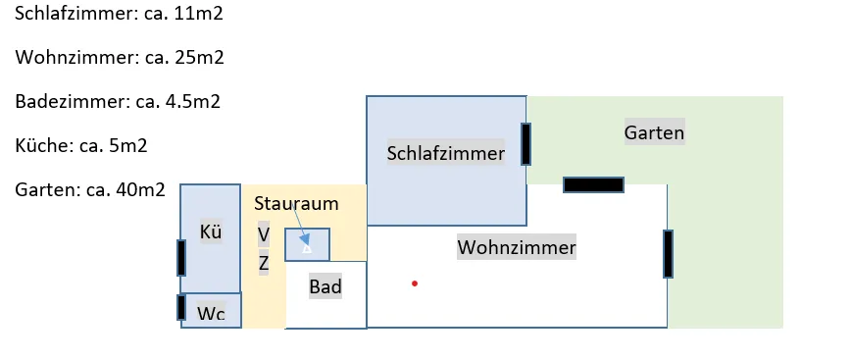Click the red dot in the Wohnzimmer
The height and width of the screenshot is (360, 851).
(x=415, y=283)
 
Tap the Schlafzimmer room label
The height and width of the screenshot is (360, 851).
(x=445, y=153)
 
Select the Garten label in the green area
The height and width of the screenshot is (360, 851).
(x=654, y=132)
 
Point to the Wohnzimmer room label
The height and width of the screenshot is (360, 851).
(x=516, y=247)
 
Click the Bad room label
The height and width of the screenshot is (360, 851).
(x=325, y=286)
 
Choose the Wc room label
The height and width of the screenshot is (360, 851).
(x=211, y=313)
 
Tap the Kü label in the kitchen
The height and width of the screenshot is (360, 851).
(x=211, y=231)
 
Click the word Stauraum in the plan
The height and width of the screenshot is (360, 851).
(x=296, y=204)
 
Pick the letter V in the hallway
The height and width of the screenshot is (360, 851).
(x=264, y=235)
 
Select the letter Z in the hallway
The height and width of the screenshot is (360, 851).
(x=264, y=263)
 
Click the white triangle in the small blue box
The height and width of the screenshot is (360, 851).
(x=307, y=249)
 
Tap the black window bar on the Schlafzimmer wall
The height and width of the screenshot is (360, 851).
(x=526, y=144)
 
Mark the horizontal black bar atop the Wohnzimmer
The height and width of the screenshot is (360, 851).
(x=594, y=184)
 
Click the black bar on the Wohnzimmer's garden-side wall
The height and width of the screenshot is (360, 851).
(x=668, y=254)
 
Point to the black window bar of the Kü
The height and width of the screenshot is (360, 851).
(x=181, y=257)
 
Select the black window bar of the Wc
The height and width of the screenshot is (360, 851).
(x=181, y=307)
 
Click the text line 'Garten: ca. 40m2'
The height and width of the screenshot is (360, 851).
(x=90, y=190)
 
